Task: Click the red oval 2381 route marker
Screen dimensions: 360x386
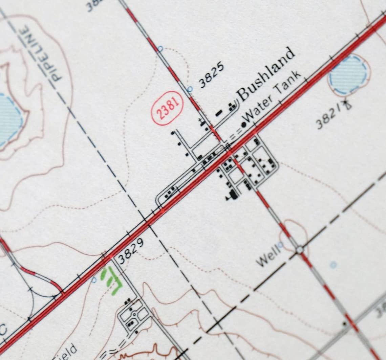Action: click(167, 108)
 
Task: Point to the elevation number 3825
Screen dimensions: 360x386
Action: click(211, 75)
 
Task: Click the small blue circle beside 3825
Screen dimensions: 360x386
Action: click(190, 89)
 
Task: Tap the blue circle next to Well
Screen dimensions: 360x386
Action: click(280, 244)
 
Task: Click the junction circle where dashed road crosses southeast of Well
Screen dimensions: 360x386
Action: click(299, 250)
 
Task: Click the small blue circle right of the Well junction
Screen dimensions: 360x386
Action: click(333, 265)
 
